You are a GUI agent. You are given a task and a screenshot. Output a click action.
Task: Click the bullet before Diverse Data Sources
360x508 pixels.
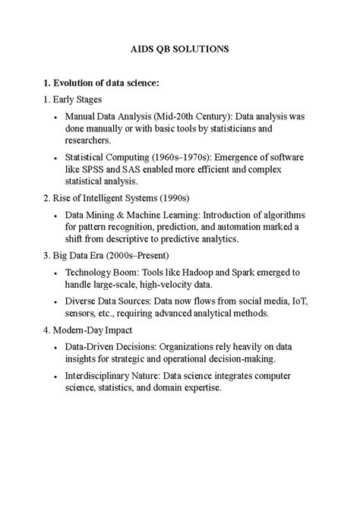[x=56, y=301]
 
